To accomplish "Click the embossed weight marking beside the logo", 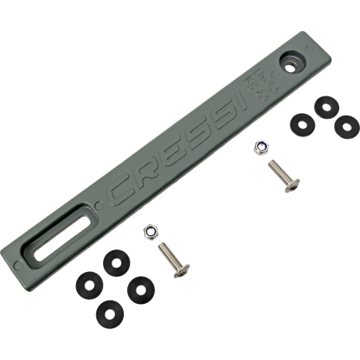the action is (x=261, y=85).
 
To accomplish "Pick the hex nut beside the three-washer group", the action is (x=261, y=147).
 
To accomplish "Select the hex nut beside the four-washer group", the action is (x=152, y=232).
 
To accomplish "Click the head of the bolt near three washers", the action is (x=292, y=185).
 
